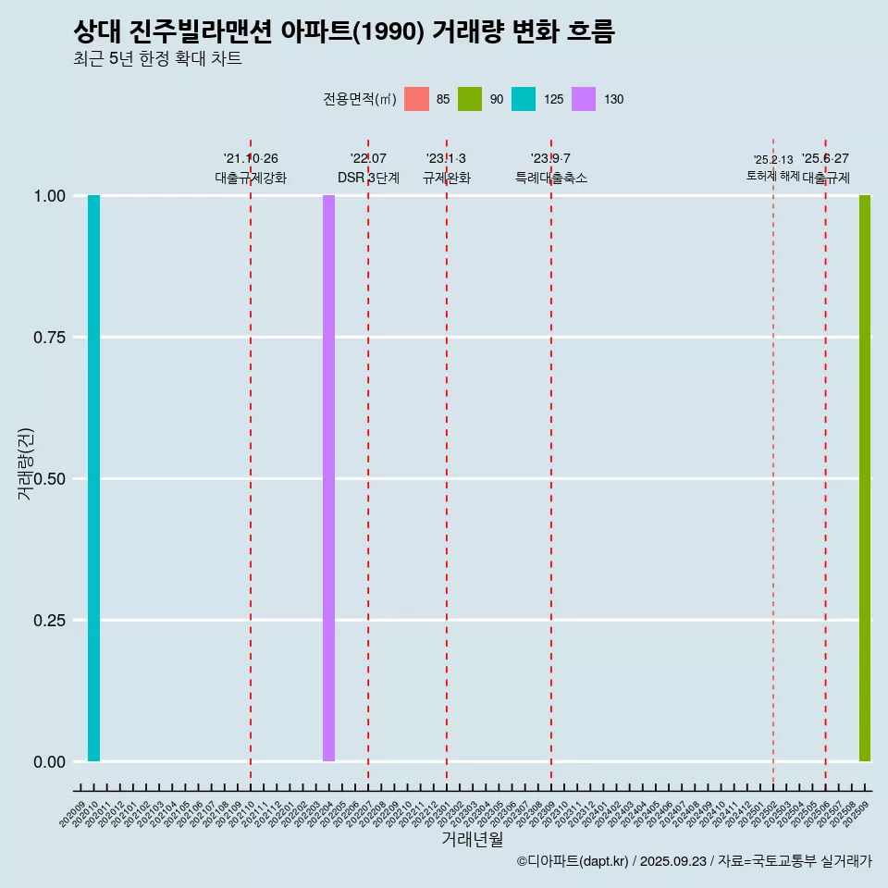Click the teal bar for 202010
(93, 478)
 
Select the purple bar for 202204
(328, 478)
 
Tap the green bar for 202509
(865, 478)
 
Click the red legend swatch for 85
(417, 99)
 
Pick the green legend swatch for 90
(470, 99)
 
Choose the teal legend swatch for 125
(524, 99)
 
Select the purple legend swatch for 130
(584, 99)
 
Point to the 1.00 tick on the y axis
(50, 196)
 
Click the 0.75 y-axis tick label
(50, 338)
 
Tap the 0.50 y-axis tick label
(50, 479)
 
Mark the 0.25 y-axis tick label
(50, 621)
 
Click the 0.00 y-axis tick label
(50, 762)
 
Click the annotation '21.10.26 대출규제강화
(251, 168)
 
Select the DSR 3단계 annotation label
(368, 178)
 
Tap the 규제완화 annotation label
(447, 178)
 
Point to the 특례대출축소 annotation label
(551, 178)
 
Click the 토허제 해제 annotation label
(772, 176)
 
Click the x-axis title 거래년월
(472, 840)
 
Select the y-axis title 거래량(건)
(26, 463)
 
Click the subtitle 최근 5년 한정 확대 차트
(157, 59)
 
